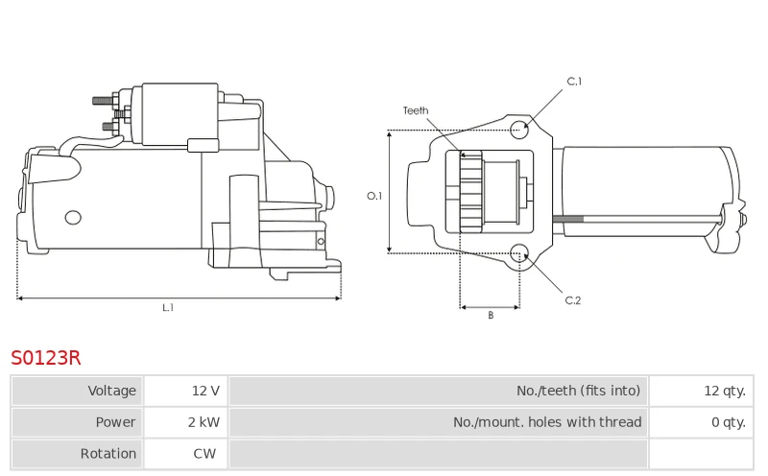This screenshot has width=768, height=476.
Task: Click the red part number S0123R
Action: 45,358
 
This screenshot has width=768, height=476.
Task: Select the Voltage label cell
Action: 78,391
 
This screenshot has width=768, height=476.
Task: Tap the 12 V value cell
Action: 185,391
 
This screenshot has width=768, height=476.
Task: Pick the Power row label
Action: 78,422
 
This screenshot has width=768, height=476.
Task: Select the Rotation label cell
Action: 78,454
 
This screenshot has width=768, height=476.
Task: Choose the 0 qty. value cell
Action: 702,422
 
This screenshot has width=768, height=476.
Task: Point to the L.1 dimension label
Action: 168,307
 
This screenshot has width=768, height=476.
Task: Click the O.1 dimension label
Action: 374,196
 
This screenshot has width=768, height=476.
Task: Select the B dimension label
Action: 491,316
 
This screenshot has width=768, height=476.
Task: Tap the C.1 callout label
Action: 574,82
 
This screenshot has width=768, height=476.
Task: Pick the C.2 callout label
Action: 572,300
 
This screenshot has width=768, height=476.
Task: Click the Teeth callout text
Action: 416,110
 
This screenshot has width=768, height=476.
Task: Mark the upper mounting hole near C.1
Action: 519,130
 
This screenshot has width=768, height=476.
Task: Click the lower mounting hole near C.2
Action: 519,253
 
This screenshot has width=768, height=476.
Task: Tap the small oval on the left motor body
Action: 73,218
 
